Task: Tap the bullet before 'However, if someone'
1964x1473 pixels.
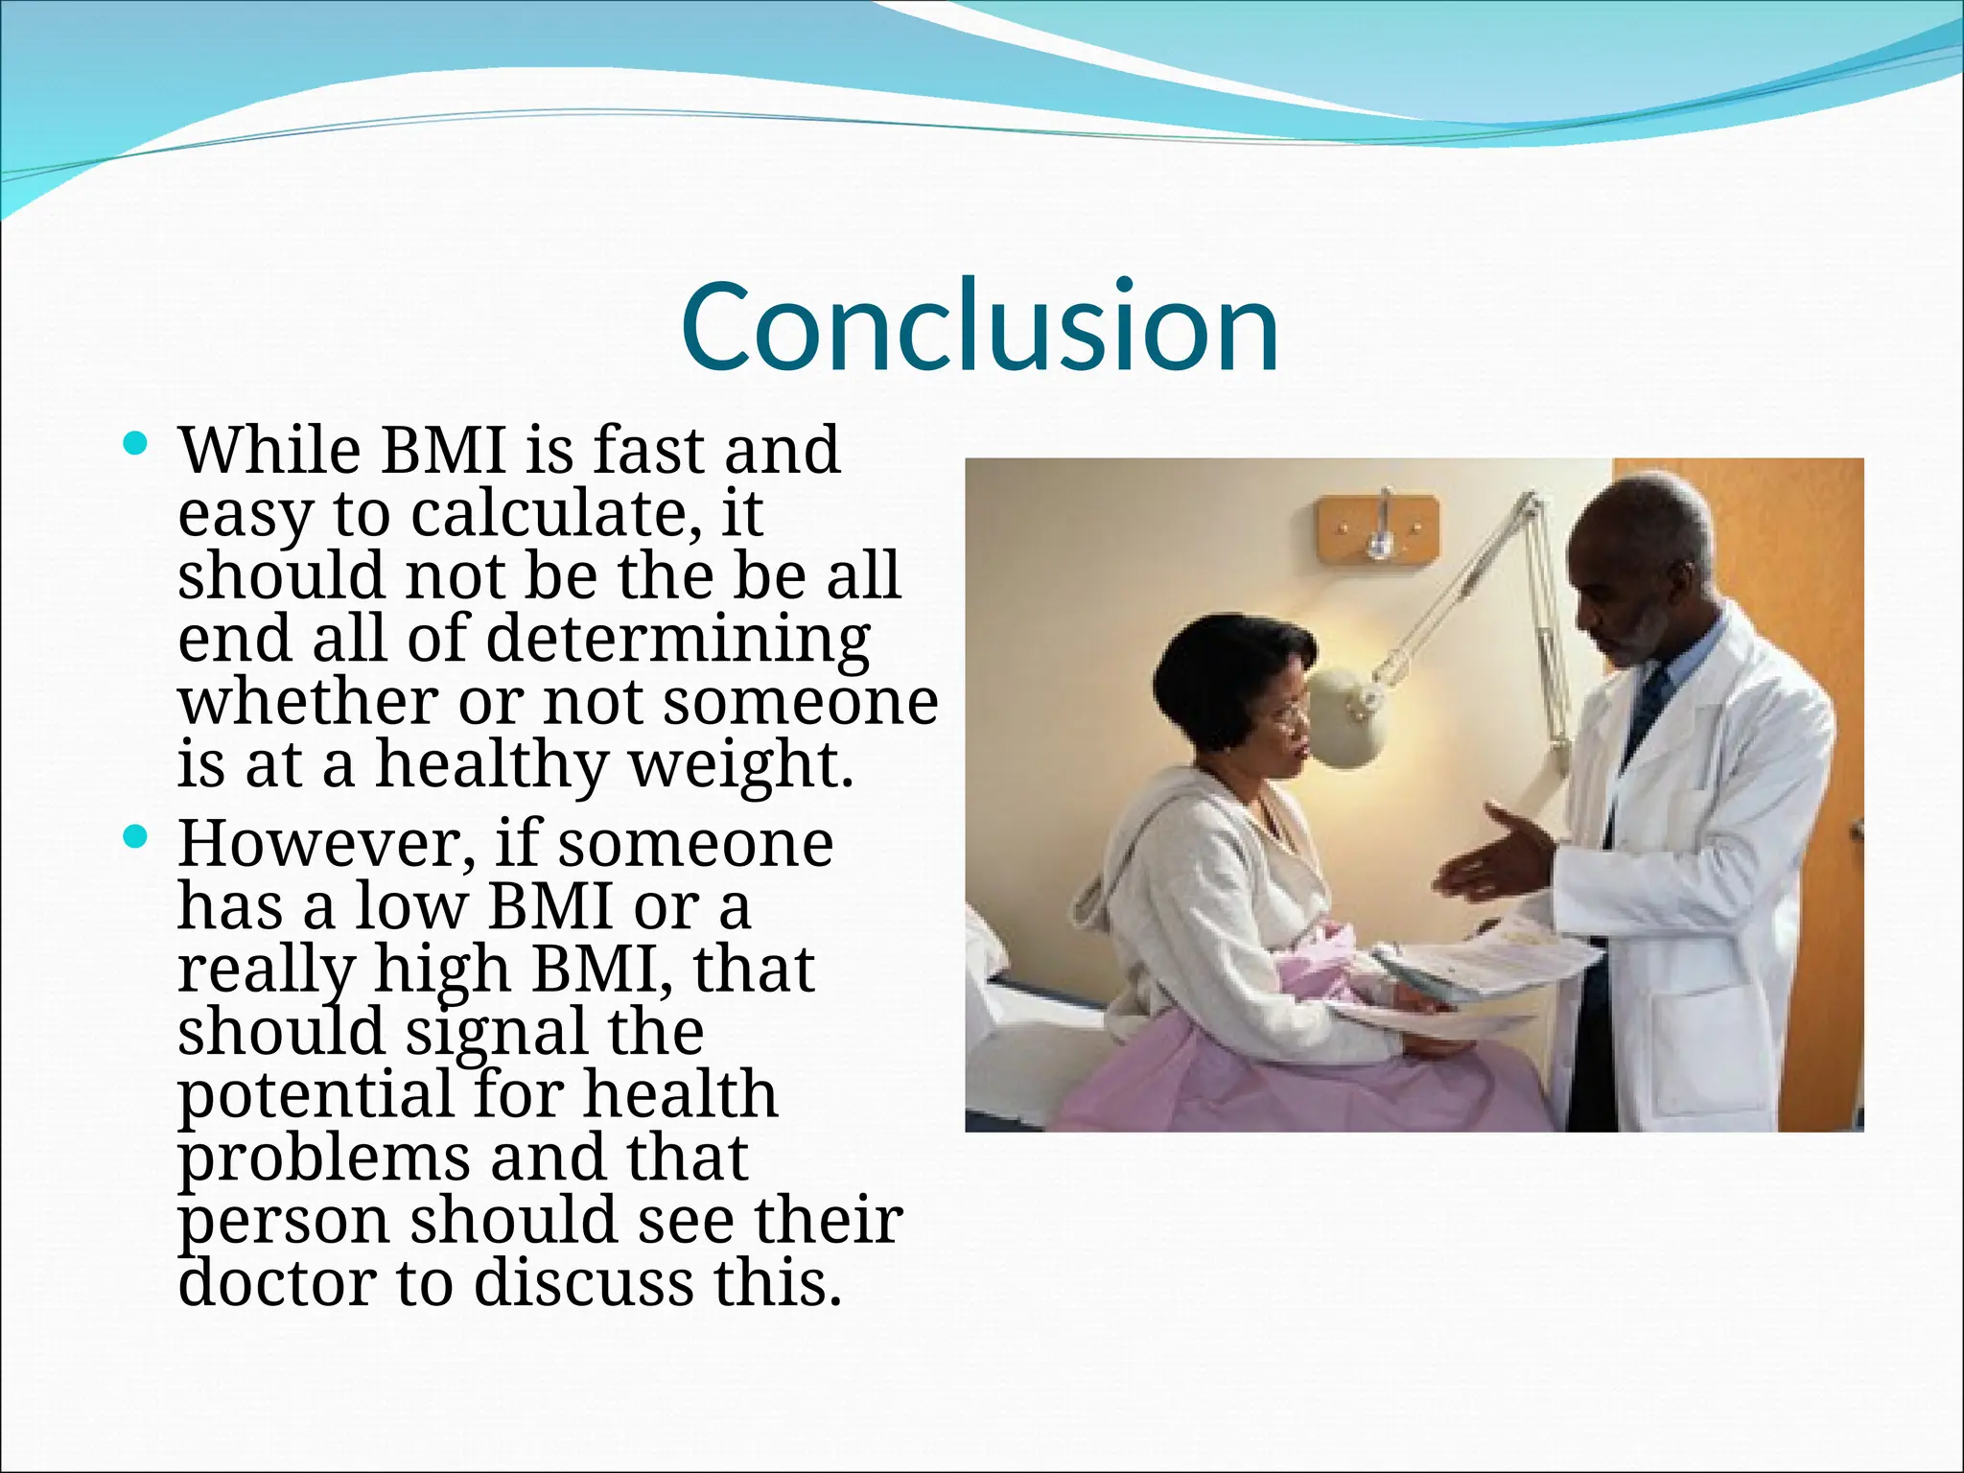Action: pos(136,838)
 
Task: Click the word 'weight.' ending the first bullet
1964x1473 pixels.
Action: pos(740,765)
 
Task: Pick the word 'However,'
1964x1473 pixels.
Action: pos(326,843)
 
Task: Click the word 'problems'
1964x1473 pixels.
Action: pos(323,1158)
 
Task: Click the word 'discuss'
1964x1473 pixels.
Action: pos(582,1283)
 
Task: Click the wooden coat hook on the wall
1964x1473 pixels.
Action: pos(1378,529)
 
